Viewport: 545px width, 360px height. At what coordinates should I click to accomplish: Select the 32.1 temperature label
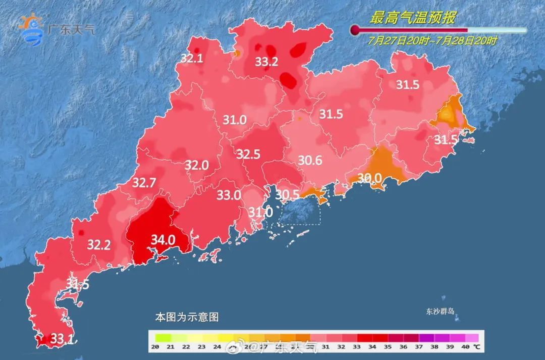click(x=192, y=59)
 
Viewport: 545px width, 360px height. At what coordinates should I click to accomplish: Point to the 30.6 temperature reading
click(x=310, y=161)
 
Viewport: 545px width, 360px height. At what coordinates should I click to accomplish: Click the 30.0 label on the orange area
click(x=369, y=178)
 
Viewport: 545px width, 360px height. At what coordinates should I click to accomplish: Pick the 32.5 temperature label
click(x=248, y=155)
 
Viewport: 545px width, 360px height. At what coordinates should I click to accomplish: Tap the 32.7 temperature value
click(x=144, y=183)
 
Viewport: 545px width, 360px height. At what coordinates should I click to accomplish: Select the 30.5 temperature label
click(x=288, y=194)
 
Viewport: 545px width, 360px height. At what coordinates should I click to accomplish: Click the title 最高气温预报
click(x=413, y=19)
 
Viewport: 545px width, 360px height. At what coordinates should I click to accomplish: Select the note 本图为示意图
click(x=187, y=318)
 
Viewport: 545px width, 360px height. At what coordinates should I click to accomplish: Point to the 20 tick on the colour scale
click(x=155, y=346)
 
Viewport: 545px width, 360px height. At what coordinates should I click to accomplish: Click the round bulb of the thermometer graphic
click(x=355, y=30)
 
